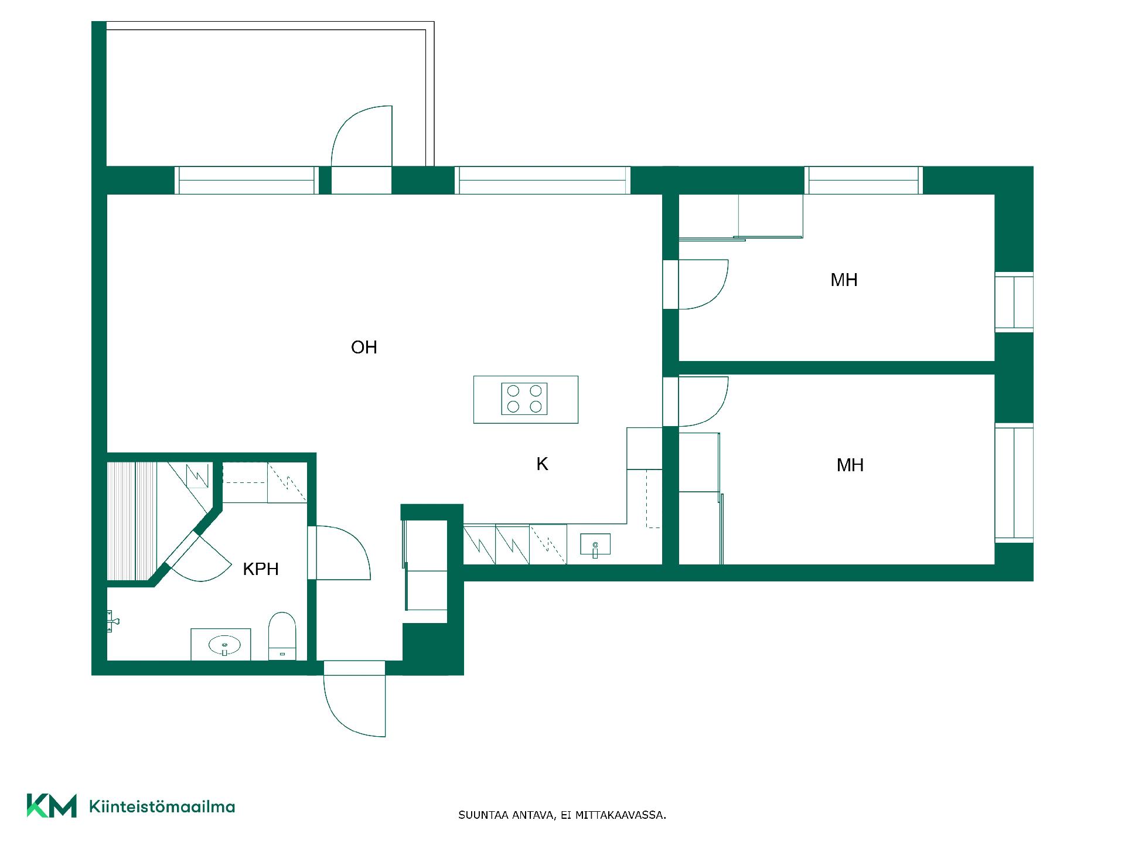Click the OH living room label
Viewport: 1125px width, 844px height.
coord(364,348)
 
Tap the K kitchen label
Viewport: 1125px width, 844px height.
coord(542,464)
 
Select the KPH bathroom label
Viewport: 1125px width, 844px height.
coord(261,569)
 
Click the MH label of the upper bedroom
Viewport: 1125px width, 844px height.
coord(844,280)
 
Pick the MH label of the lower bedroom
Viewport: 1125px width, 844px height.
coord(850,465)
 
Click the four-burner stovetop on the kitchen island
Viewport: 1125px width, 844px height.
coord(524,399)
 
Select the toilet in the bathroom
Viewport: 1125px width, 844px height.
coord(282,636)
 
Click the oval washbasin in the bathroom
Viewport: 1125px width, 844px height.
coord(225,645)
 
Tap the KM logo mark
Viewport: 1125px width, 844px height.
coord(52,805)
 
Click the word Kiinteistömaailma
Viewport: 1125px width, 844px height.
coord(162,806)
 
